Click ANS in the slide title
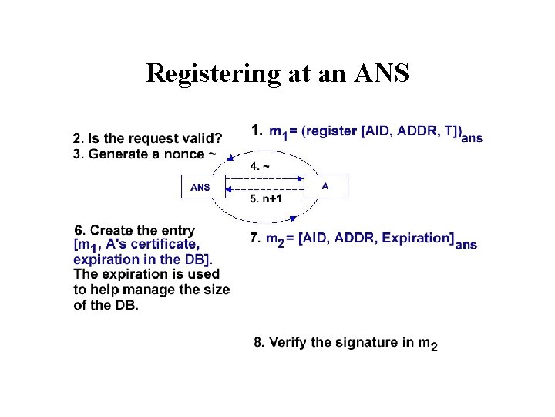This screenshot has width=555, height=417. click(382, 74)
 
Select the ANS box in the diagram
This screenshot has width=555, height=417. click(201, 187)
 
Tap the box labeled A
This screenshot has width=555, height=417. click(325, 186)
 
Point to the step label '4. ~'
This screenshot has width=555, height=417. click(259, 165)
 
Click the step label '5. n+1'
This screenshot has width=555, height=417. click(266, 198)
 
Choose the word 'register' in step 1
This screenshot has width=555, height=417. click(333, 132)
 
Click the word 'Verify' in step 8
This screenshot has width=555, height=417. click(288, 342)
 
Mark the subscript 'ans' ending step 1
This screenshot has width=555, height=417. click(472, 138)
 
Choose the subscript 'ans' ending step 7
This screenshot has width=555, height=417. click(466, 245)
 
